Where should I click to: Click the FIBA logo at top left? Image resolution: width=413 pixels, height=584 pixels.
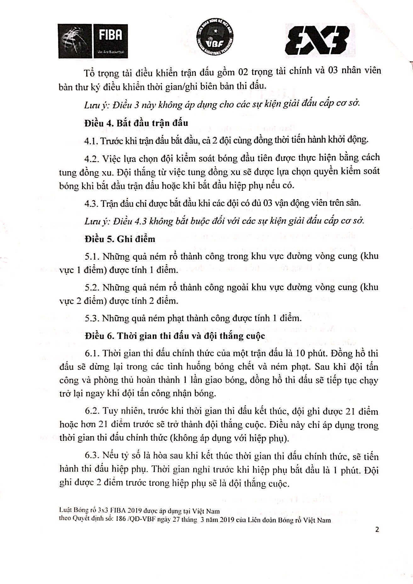(93, 41)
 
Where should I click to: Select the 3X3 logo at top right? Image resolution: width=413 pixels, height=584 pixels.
(317, 40)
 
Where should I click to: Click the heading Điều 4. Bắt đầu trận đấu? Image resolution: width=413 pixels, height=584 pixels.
(136, 123)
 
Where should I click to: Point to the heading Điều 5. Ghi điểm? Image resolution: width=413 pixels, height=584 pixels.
(120, 239)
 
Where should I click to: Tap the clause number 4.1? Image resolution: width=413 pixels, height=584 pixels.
(91, 140)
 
